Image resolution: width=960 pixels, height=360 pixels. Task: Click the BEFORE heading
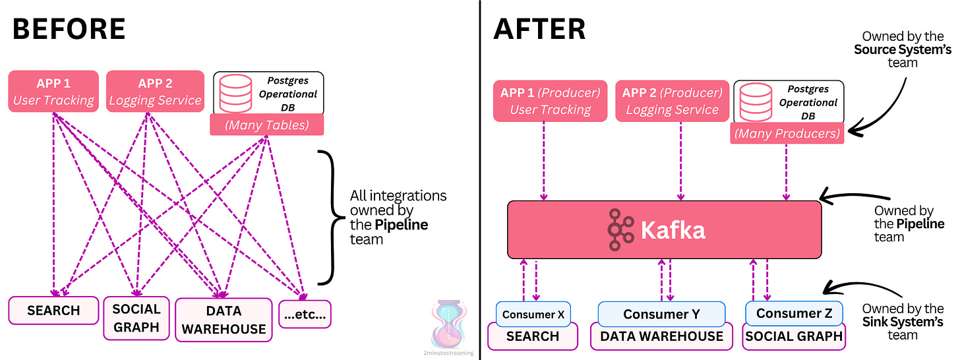69,29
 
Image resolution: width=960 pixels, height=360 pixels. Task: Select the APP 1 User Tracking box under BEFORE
53,92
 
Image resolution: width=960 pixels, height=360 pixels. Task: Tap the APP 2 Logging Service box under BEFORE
155,92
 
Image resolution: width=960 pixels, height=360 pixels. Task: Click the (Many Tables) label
267,125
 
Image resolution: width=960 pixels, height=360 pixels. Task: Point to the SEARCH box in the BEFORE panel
53,311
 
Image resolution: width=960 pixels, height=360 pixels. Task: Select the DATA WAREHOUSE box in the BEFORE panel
224,320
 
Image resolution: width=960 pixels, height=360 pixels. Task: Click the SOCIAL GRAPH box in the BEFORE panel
136,317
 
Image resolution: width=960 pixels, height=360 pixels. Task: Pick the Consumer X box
533,314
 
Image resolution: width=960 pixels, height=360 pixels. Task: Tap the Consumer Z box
794,313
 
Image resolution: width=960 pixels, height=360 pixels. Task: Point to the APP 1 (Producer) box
550,101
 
